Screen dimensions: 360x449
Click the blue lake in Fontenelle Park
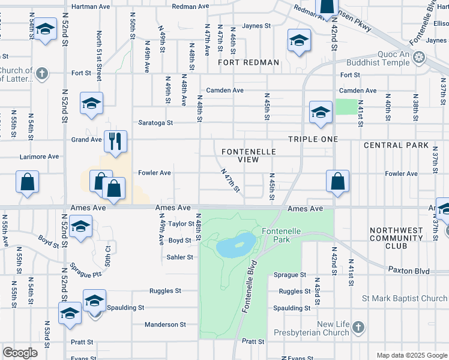[x=235, y=245]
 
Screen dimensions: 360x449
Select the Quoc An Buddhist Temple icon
[x=419, y=58]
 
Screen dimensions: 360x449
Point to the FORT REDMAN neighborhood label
[x=249, y=62]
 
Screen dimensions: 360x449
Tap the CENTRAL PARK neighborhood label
[x=396, y=145]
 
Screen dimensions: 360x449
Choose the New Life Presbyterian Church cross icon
[x=358, y=328]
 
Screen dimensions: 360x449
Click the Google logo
[x=20, y=353]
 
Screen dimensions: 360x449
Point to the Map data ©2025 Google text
[x=411, y=355]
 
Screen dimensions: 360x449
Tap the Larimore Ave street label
[x=39, y=157]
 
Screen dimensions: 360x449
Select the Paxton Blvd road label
[x=409, y=271]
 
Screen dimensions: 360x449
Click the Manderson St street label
[x=165, y=325]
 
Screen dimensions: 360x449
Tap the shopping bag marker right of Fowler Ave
[x=338, y=181]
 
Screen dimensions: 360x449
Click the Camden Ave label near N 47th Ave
[x=224, y=91]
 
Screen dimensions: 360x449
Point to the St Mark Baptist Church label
[x=404, y=298]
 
